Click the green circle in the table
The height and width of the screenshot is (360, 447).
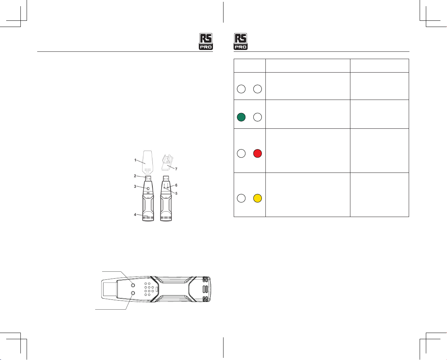click(241, 117)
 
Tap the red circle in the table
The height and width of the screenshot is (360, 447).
click(257, 154)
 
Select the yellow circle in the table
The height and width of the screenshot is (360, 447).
click(257, 198)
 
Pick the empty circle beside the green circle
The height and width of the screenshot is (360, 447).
click(257, 117)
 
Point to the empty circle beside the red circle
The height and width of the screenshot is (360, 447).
click(241, 154)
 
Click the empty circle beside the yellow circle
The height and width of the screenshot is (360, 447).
click(241, 198)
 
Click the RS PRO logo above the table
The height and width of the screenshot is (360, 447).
click(241, 41)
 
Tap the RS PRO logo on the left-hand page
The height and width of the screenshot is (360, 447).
click(206, 41)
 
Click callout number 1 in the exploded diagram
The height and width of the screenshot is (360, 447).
click(135, 160)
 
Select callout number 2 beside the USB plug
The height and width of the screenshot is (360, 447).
click(135, 176)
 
